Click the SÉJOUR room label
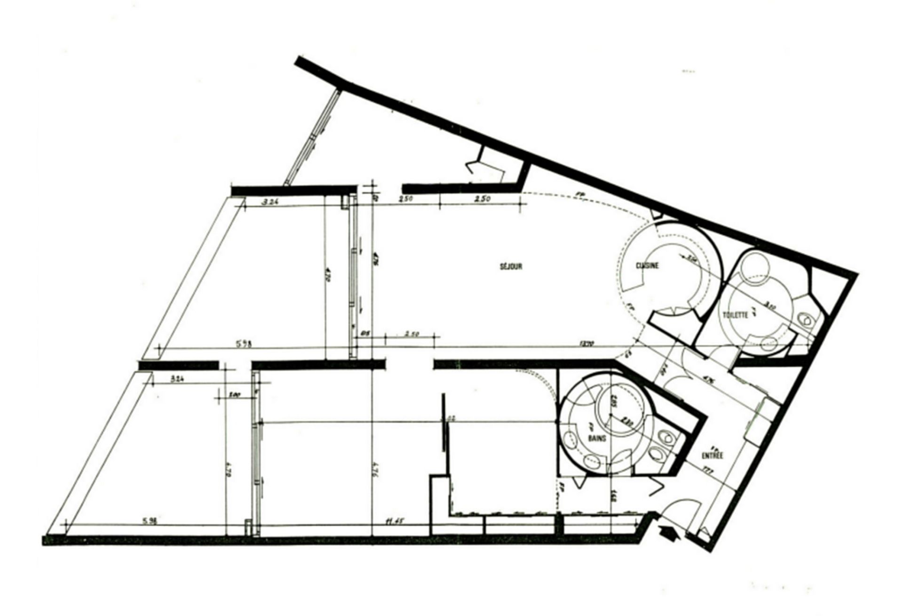[511, 266]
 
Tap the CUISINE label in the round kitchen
[648, 265]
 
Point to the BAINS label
[597, 438]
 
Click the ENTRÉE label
[712, 455]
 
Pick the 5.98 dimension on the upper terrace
[244, 344]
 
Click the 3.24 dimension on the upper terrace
[270, 202]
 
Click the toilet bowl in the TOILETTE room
[806, 321]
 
